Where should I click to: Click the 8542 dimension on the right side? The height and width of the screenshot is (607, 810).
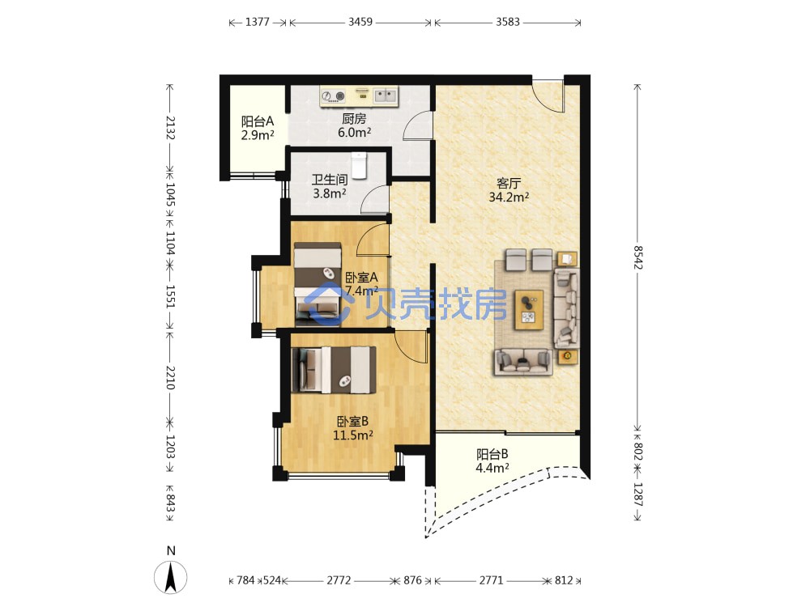[638, 257]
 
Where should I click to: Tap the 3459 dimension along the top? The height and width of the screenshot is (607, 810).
[360, 22]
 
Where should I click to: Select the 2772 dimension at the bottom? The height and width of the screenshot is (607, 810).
[339, 580]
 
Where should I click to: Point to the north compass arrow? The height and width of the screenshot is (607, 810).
[171, 577]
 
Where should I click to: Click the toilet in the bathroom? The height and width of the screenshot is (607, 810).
[359, 164]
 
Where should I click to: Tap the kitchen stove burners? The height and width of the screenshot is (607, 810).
[333, 96]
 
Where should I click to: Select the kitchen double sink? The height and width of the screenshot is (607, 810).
[386, 95]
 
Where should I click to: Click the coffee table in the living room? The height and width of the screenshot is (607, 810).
[528, 309]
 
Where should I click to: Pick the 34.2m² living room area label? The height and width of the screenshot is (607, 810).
[509, 197]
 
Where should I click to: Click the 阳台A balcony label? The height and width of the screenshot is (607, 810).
[258, 121]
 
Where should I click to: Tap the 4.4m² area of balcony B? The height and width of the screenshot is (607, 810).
[492, 468]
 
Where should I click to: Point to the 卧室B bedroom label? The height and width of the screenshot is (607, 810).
[353, 421]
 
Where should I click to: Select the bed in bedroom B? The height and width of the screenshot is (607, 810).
[334, 370]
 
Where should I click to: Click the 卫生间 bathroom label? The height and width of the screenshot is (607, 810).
[330, 180]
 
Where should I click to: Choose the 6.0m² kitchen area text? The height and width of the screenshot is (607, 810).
[355, 132]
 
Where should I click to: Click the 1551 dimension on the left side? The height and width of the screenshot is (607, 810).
[170, 296]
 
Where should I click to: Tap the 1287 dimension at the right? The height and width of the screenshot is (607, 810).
[638, 495]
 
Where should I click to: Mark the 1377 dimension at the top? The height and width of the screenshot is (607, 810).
[258, 22]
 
